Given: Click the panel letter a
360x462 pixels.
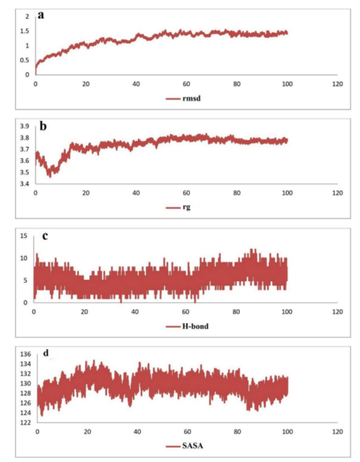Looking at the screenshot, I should pyautogui.click(x=41, y=15).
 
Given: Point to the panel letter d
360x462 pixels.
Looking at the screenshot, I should pyautogui.click(x=46, y=353).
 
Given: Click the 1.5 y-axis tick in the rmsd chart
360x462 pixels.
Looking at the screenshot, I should pyautogui.click(x=26, y=31).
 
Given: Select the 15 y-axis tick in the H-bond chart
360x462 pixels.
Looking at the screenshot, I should pyautogui.click(x=22, y=235).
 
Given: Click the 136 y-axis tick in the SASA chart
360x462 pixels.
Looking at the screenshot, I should pyautogui.click(x=25, y=354).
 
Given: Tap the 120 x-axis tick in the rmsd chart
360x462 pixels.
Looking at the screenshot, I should pyautogui.click(x=337, y=83).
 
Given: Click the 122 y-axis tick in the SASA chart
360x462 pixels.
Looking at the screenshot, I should pyautogui.click(x=25, y=423).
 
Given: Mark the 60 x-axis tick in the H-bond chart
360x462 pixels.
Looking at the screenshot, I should pyautogui.click(x=185, y=312).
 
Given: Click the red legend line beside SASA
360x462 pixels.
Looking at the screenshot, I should pyautogui.click(x=172, y=446).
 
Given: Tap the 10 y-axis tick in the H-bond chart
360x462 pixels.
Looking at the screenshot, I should pyautogui.click(x=22, y=258).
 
